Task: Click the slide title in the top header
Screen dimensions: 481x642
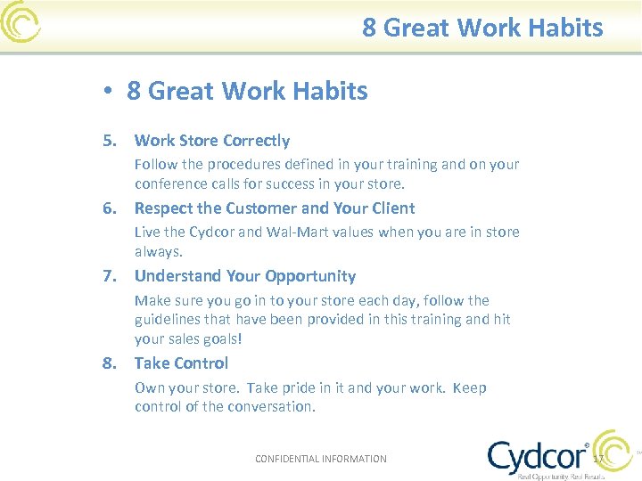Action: click(x=482, y=28)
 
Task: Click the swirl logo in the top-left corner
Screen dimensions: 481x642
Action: click(x=21, y=22)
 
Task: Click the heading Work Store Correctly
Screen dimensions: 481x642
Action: click(x=211, y=141)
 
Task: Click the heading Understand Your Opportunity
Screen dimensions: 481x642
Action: click(x=244, y=276)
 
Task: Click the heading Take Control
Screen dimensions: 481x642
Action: click(x=181, y=363)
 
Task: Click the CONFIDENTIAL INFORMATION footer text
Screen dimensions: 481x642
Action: click(x=321, y=459)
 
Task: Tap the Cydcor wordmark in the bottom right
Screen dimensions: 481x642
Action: click(x=538, y=456)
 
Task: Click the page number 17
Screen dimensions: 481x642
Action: click(x=598, y=459)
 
